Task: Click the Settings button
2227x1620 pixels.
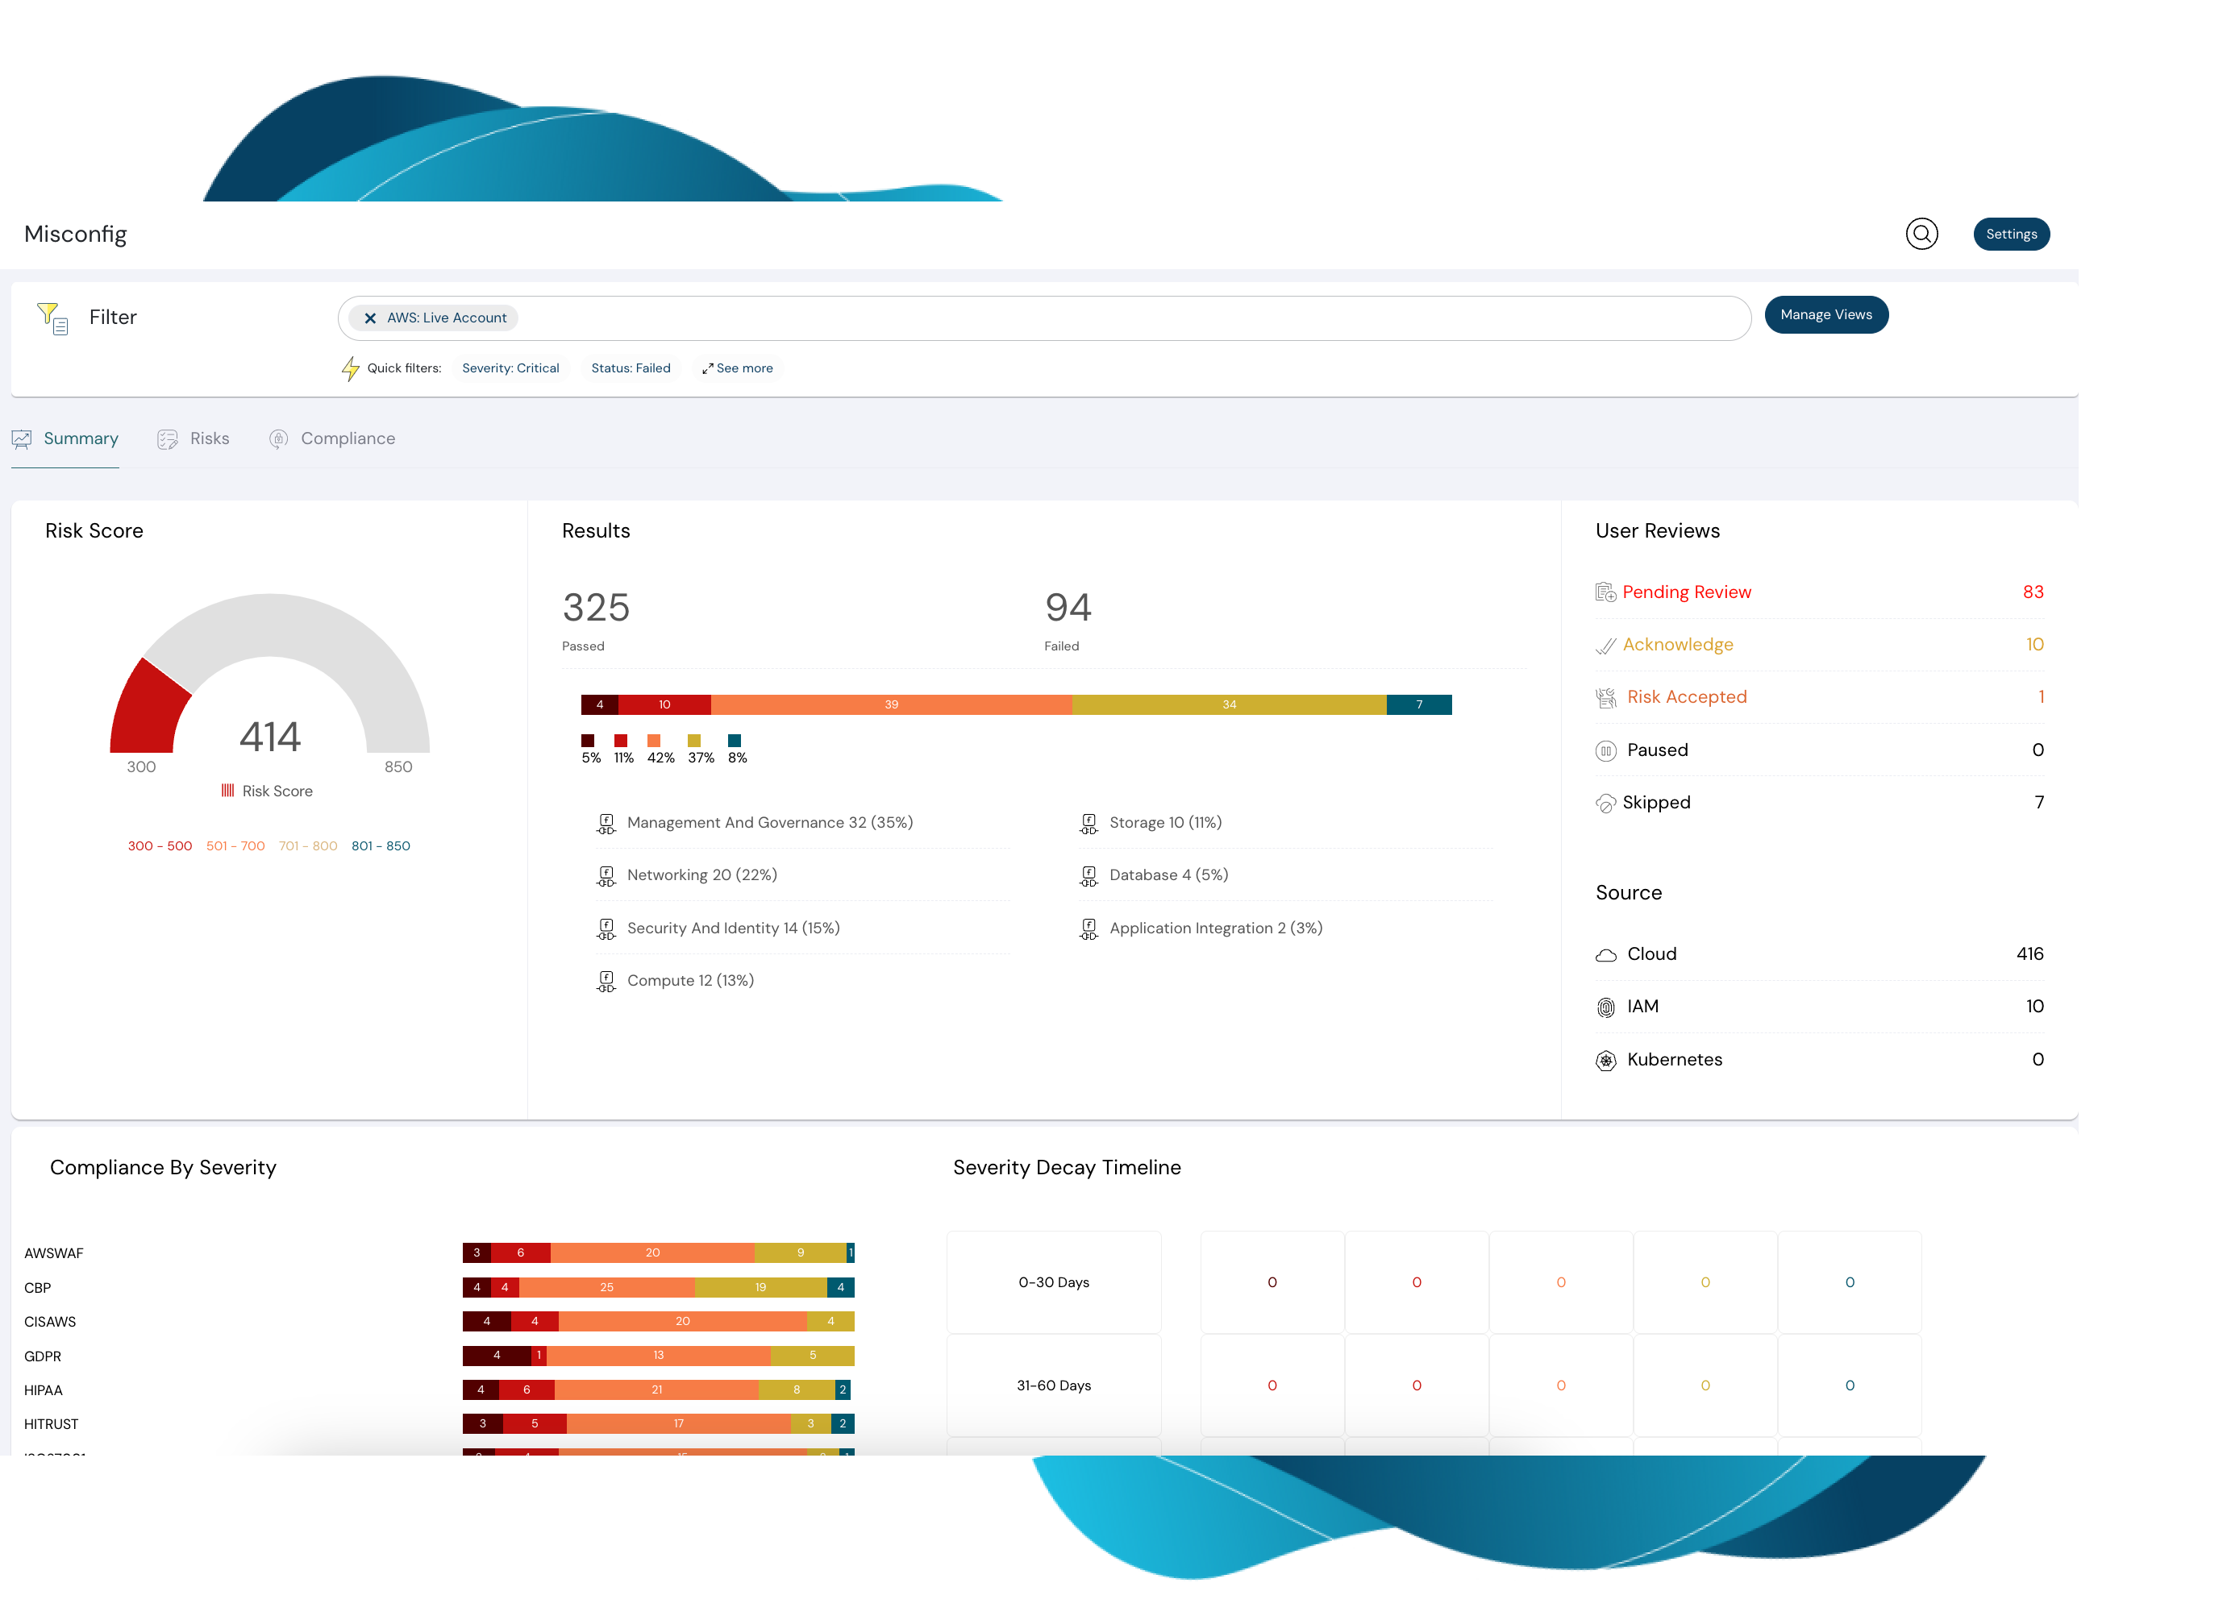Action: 2010,234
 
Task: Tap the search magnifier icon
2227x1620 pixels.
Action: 1921,234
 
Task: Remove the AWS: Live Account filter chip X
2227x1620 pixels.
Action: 370,318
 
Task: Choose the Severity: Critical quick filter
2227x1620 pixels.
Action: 510,368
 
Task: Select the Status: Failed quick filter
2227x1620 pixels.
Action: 630,368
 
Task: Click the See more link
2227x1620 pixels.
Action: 738,368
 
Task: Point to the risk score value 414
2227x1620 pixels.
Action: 269,737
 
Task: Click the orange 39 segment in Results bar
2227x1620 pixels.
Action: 891,704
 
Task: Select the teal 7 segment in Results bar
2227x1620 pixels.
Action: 1418,704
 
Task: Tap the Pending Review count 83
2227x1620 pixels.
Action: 2032,592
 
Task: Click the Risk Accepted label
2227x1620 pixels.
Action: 1686,697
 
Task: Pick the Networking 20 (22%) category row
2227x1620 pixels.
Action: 701,874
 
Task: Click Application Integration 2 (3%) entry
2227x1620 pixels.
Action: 1214,928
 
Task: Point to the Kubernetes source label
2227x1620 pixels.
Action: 1673,1059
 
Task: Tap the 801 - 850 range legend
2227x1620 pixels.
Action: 380,845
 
